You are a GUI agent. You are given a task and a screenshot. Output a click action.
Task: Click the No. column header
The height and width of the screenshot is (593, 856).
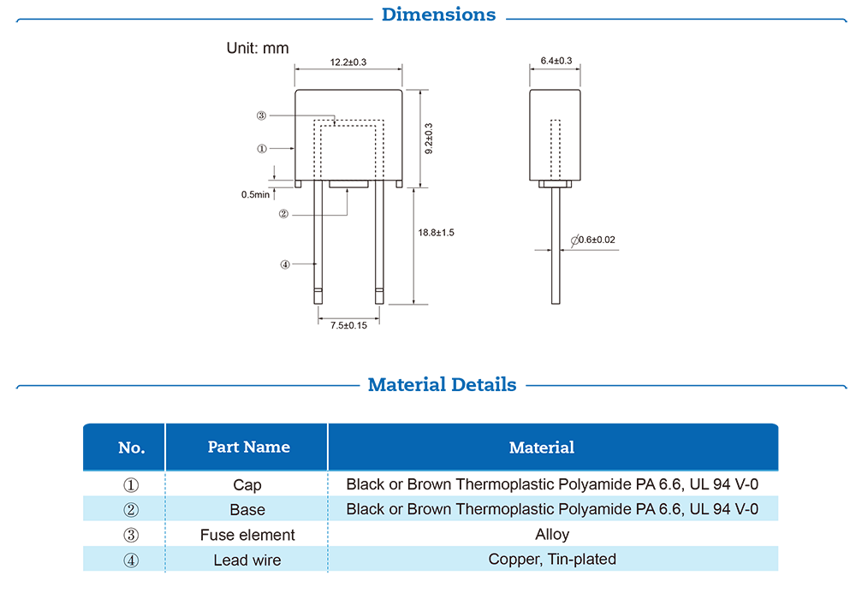coord(131,448)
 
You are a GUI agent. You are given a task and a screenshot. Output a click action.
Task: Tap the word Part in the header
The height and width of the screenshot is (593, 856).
coord(223,447)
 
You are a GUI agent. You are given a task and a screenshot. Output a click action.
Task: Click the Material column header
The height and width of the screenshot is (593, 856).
coord(541,448)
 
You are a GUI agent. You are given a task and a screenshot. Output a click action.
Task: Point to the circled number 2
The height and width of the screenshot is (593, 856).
coord(132,510)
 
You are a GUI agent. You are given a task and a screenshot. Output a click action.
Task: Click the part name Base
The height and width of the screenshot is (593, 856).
coord(247,510)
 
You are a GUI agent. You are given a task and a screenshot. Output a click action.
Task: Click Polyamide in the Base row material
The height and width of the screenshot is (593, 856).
coord(590,509)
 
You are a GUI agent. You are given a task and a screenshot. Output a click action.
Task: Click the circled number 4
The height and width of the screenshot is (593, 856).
coord(132,560)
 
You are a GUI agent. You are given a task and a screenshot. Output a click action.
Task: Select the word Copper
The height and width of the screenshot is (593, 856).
coord(512,560)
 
